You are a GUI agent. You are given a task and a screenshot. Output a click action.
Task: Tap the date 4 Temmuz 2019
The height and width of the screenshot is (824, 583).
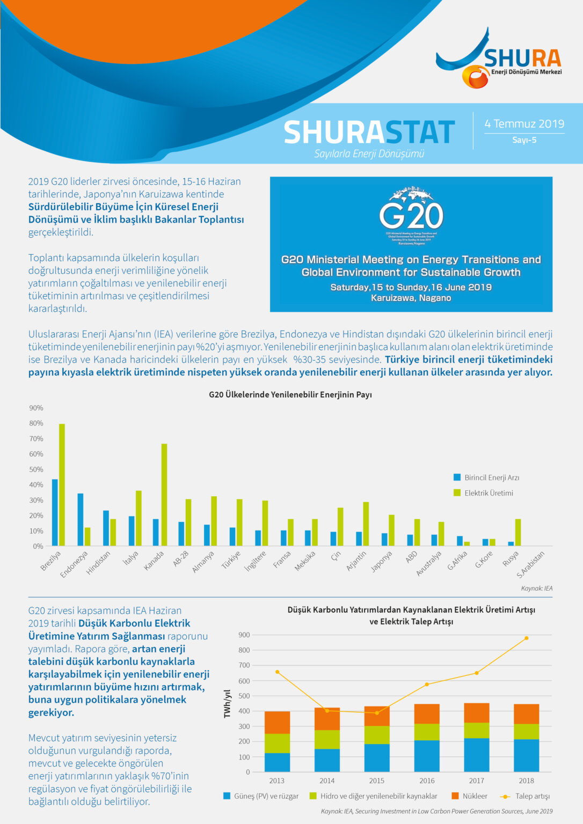tap(524, 124)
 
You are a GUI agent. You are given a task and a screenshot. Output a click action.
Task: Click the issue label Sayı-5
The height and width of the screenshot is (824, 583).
tap(524, 140)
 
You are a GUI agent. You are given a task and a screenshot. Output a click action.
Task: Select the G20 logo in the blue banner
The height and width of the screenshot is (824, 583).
tap(411, 215)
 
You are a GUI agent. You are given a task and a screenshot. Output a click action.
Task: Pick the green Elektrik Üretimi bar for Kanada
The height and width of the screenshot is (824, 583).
tap(164, 495)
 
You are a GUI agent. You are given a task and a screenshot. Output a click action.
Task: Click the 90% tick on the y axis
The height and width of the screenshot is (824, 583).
tap(36, 408)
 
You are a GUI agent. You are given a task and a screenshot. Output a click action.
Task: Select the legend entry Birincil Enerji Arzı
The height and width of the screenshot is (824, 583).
tap(491, 477)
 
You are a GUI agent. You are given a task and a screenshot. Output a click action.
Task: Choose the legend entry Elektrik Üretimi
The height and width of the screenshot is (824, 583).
tap(489, 493)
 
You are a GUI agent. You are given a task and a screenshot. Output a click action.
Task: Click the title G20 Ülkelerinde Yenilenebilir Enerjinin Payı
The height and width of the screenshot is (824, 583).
tap(290, 395)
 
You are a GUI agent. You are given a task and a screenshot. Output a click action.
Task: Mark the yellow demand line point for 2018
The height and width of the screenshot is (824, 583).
tap(526, 638)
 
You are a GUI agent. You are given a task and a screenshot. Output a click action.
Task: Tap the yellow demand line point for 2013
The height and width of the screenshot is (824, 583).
tap(277, 672)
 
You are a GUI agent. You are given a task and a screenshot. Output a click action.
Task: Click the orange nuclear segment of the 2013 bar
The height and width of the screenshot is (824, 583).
tap(277, 722)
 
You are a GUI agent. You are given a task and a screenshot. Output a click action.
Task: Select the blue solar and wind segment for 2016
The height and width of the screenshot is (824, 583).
tap(427, 756)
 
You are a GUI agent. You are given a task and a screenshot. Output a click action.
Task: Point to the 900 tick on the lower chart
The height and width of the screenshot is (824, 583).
tap(244, 635)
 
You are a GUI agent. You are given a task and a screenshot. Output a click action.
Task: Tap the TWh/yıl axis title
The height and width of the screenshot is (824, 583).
tap(227, 703)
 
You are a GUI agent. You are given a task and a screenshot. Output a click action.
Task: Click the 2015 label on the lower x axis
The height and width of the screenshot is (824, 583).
tap(377, 781)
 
